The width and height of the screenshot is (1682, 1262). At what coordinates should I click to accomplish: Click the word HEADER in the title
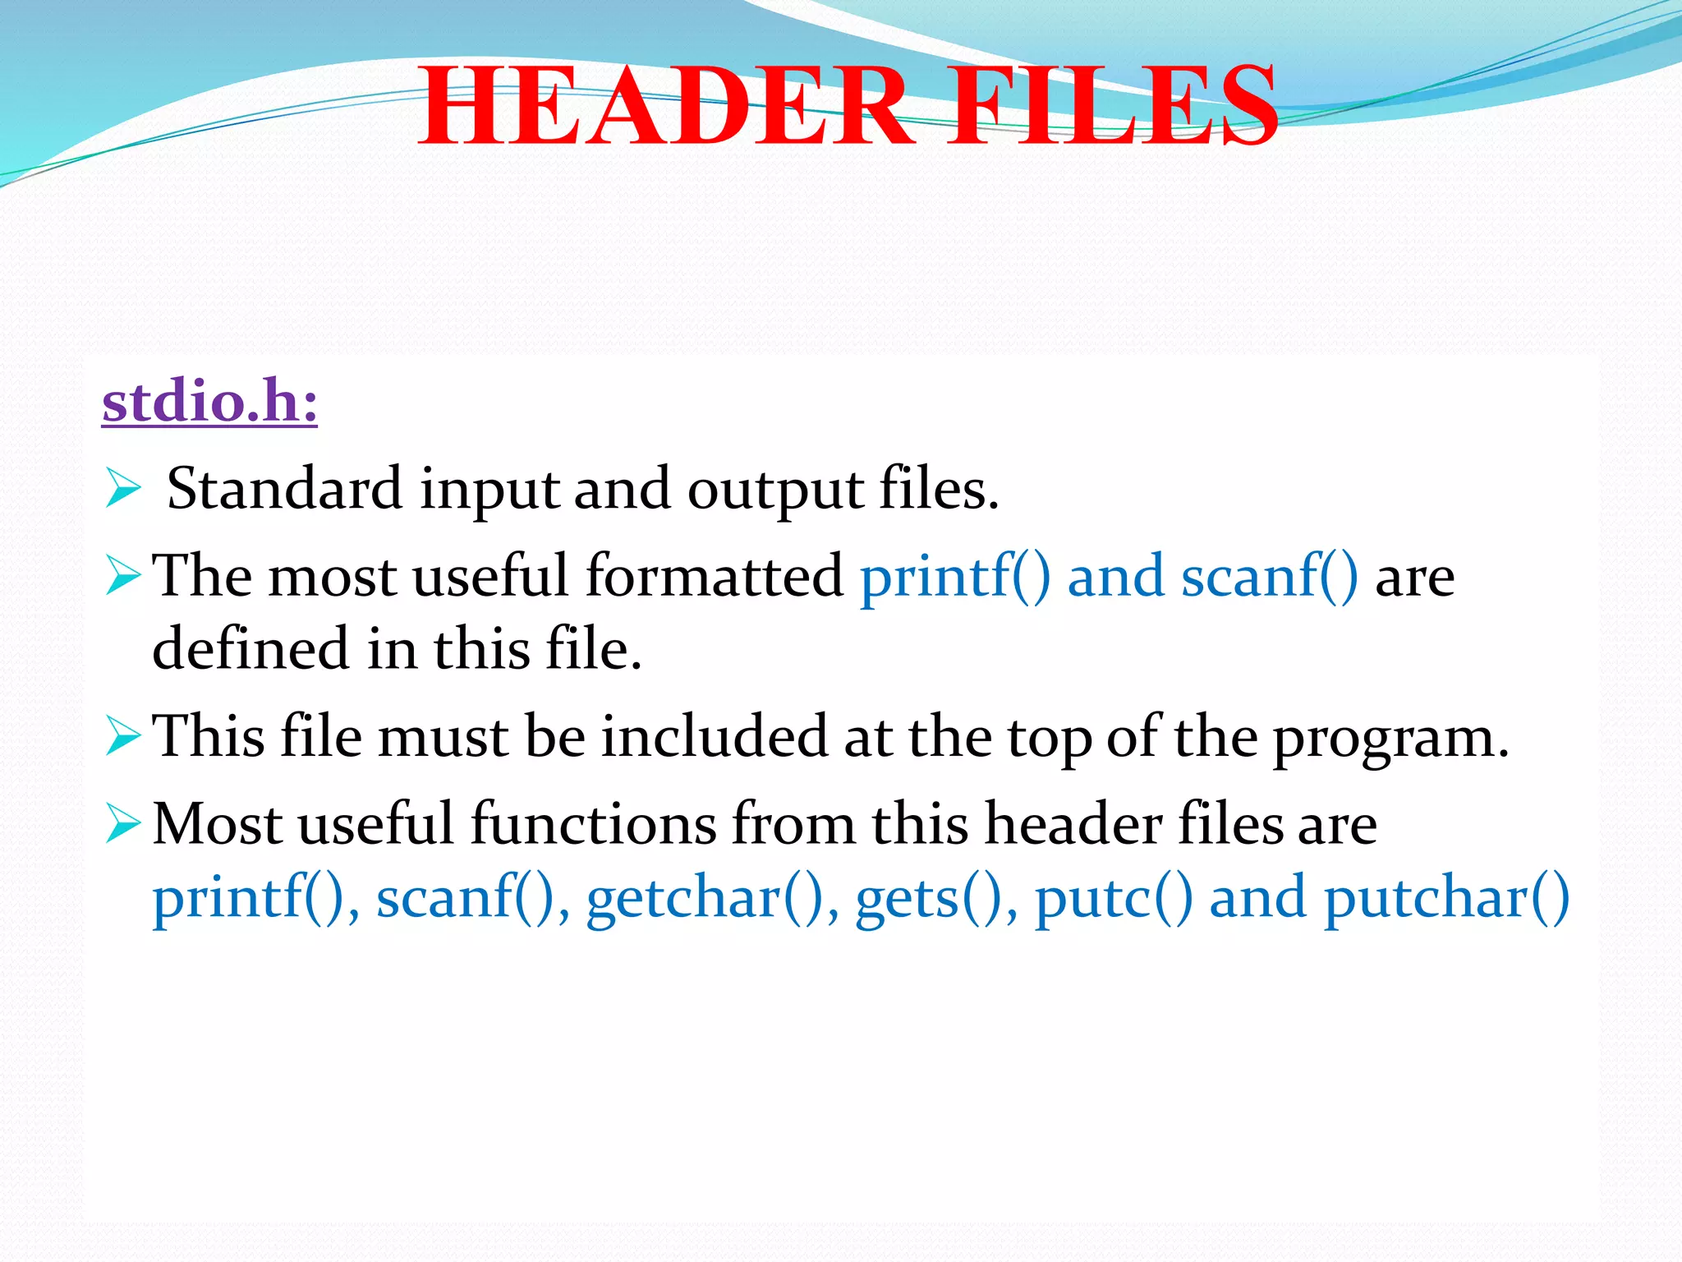tap(665, 107)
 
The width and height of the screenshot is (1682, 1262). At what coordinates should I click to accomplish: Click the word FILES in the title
tap(1113, 107)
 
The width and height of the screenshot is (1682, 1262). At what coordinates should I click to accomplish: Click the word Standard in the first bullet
tap(284, 490)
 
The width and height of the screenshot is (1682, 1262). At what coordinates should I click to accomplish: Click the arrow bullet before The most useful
tap(123, 575)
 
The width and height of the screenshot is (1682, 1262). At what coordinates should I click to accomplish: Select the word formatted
tap(714, 575)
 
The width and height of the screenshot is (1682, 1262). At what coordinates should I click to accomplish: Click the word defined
tap(250, 649)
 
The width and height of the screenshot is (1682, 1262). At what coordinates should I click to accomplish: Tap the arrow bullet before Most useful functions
tap(123, 823)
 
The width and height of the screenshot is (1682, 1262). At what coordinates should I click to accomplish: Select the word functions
tap(593, 823)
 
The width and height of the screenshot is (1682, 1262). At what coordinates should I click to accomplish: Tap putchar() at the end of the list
tap(1446, 898)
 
